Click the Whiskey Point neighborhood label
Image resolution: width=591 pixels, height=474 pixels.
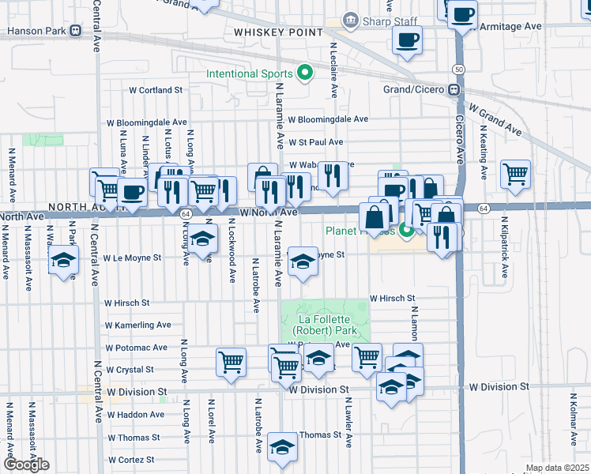pyautogui.click(x=278, y=32)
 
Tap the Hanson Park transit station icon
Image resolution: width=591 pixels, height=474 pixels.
pyautogui.click(x=75, y=32)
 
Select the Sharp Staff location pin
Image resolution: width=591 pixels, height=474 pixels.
pyautogui.click(x=349, y=19)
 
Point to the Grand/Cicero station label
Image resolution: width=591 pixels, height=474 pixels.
pyautogui.click(x=414, y=88)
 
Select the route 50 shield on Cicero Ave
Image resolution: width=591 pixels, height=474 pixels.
pyautogui.click(x=459, y=70)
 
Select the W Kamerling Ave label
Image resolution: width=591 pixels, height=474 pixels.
pyautogui.click(x=137, y=325)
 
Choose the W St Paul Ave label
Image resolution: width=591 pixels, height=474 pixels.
pyautogui.click(x=315, y=142)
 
